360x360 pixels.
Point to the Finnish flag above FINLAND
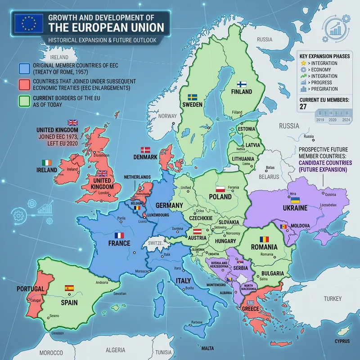(242, 84)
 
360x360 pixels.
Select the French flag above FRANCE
(119, 235)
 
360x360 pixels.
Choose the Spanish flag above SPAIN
(69, 288)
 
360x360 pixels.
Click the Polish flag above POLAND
(220, 189)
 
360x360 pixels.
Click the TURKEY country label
(333, 299)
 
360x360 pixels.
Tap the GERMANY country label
(169, 205)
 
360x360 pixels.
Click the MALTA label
(207, 348)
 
